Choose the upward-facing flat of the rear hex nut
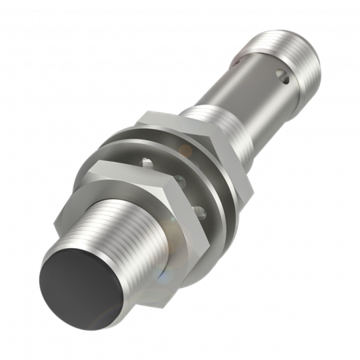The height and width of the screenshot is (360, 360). pos(167,118)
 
